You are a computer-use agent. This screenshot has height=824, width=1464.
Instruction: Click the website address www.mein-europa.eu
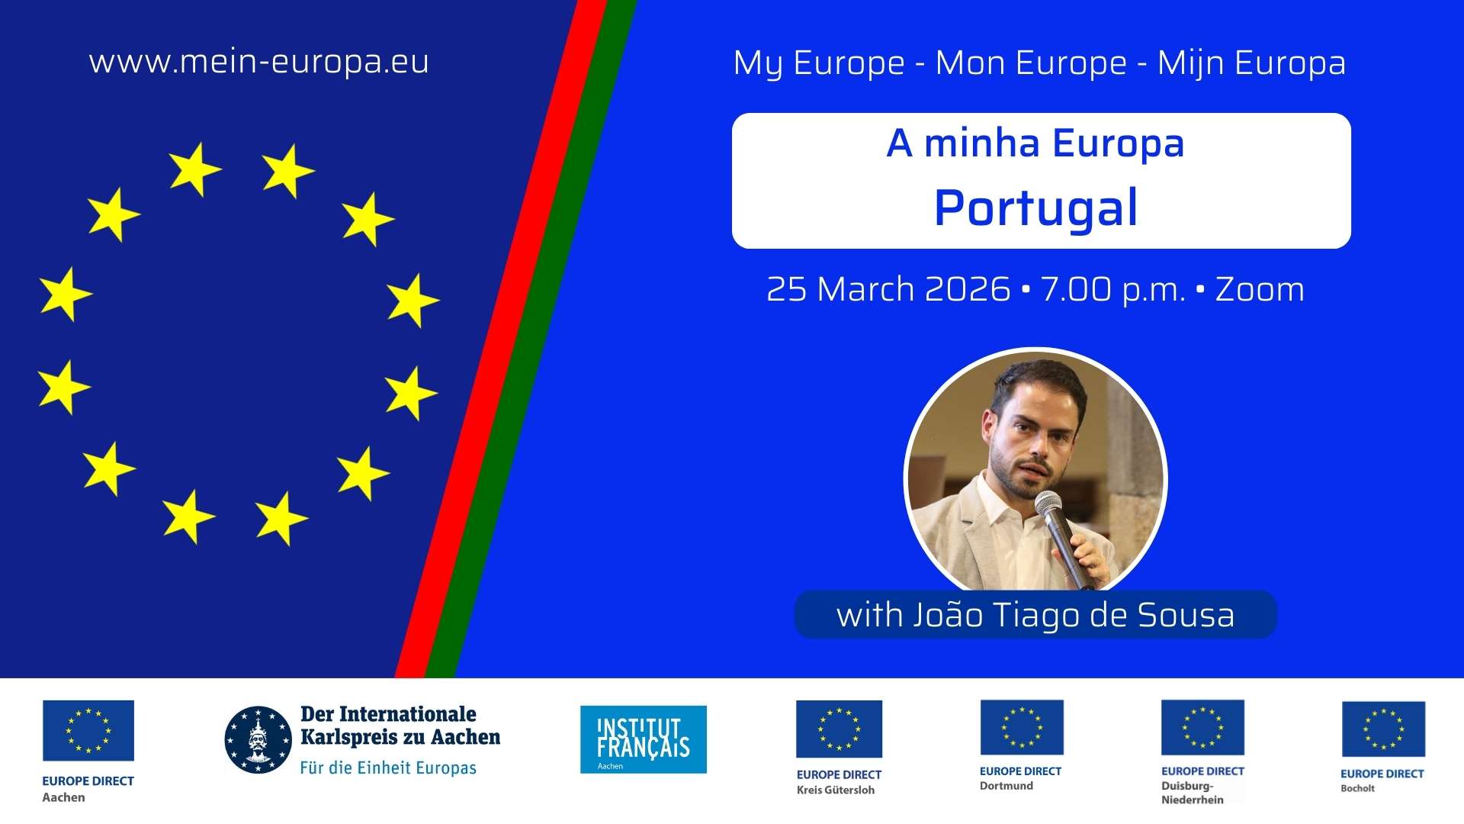pos(259,62)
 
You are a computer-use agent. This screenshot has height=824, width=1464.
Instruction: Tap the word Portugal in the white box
pos(1036,208)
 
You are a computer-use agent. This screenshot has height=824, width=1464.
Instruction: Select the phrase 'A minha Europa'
pos(1035,143)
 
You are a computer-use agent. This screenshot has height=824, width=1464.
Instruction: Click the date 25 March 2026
pos(888,289)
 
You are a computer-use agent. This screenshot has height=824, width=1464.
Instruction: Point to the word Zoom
pos(1260,289)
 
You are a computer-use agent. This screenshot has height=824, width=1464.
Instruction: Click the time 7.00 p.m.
pos(1113,290)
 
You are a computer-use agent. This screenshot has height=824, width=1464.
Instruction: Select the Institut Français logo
pos(644,739)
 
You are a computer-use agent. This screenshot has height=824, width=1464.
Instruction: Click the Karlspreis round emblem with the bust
pos(258,739)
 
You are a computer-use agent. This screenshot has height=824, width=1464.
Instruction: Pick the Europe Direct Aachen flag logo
pos(88,731)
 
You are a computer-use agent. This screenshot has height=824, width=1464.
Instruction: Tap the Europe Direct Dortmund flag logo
pos(1022,727)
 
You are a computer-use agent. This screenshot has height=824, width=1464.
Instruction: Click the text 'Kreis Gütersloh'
pos(836,790)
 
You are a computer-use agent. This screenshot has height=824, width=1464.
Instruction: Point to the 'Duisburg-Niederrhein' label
pos(1193,793)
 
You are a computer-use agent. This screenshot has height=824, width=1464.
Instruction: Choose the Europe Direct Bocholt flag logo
pos(1383,729)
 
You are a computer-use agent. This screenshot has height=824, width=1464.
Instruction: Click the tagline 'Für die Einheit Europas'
pos(388,768)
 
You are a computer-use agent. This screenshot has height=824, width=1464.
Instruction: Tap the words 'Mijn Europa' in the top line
pos(1251,63)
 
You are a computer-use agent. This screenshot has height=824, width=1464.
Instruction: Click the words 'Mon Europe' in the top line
pos(1031,63)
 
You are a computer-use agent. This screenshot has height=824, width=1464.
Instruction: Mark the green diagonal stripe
pos(531,339)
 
